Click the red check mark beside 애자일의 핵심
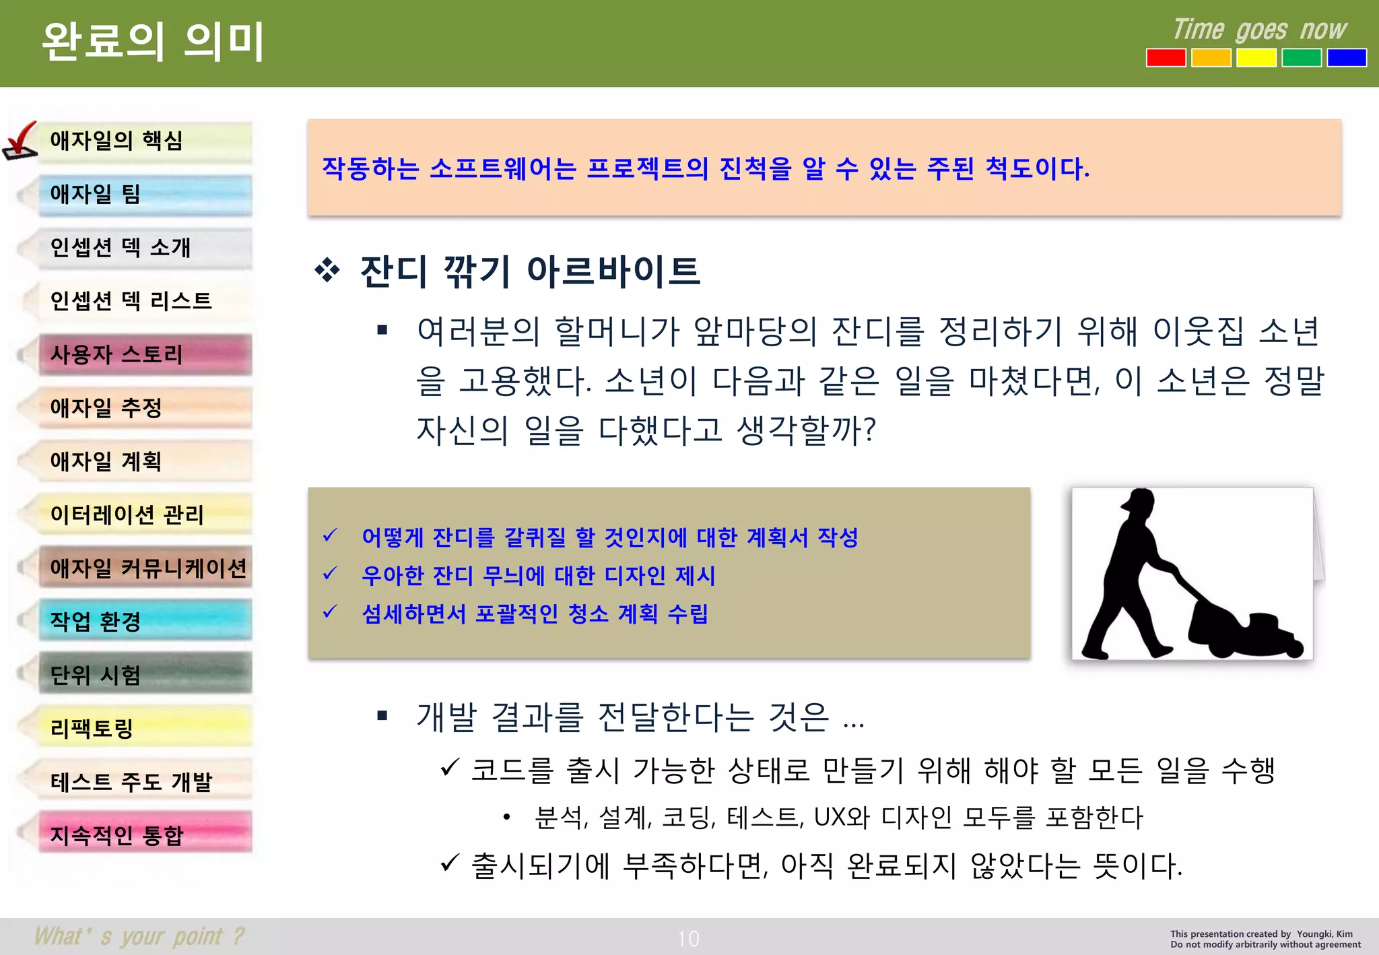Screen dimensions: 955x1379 pos(21,140)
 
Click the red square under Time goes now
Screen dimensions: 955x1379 pos(1166,58)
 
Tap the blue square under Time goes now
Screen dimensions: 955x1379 pos(1346,58)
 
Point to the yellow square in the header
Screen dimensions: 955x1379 pos(1256,58)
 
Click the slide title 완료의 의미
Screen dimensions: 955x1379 pos(153,42)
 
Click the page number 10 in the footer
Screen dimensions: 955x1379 pos(688,938)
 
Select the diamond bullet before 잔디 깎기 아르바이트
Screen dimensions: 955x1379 pos(327,271)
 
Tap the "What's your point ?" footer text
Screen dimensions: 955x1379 pos(139,936)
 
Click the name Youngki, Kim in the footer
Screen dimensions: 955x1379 pos(1324,934)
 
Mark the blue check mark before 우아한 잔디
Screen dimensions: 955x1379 pos(330,574)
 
